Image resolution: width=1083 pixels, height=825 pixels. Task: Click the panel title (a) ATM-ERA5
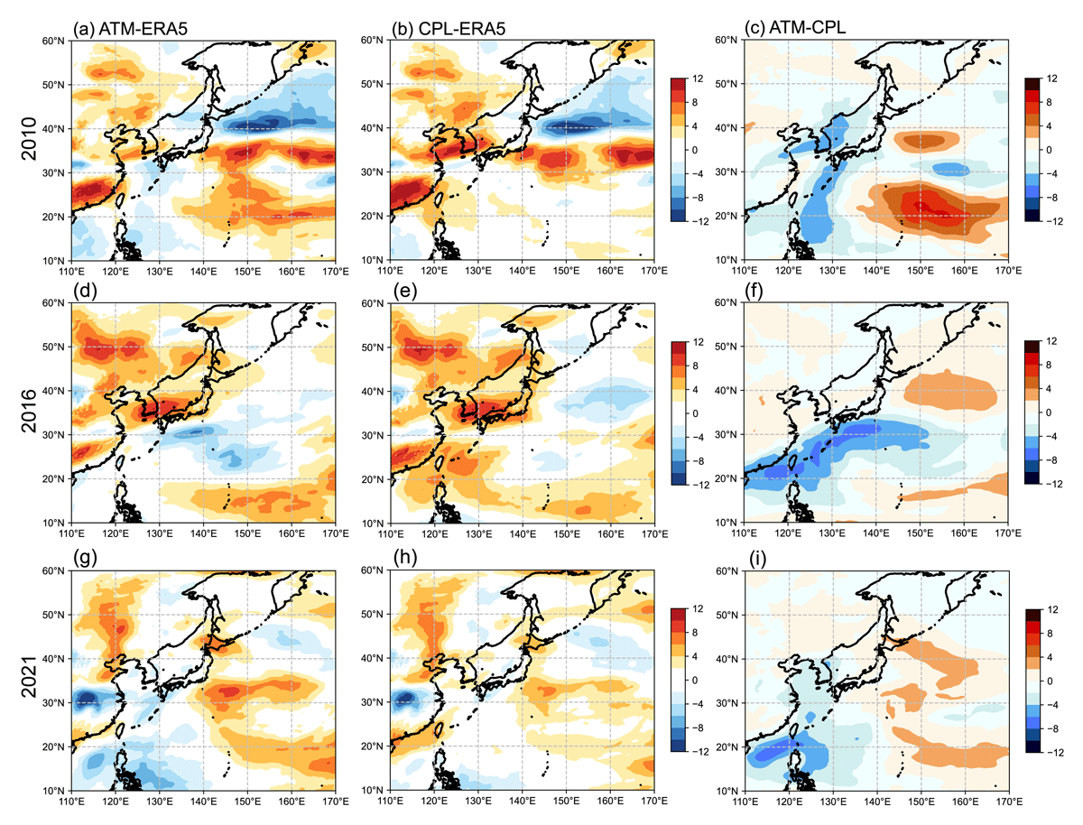click(130, 29)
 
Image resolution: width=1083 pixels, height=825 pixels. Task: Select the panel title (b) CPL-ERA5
click(449, 29)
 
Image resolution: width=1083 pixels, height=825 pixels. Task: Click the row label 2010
click(29, 139)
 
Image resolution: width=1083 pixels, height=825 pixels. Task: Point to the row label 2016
click(29, 411)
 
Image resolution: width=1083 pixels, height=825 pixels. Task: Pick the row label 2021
click(29, 677)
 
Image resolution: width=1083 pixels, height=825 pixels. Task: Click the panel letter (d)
click(85, 291)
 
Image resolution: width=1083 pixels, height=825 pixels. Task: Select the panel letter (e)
click(405, 291)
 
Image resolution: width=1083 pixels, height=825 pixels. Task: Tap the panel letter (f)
click(755, 291)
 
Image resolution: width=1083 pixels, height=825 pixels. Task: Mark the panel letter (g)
click(85, 558)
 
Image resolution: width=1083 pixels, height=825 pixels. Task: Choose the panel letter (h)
click(405, 558)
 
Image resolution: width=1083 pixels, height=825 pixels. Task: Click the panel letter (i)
click(757, 560)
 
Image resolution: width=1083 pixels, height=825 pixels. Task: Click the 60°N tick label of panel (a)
click(52, 41)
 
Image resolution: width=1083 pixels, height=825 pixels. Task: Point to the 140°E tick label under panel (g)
click(204, 802)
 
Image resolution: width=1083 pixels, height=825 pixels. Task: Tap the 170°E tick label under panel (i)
click(1009, 802)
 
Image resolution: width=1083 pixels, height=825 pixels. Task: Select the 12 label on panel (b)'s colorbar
click(698, 79)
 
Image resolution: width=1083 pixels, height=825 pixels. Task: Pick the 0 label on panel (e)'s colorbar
click(695, 413)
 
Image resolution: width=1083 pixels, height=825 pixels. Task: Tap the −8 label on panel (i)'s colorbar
click(1051, 728)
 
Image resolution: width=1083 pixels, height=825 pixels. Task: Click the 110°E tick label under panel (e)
click(390, 533)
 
